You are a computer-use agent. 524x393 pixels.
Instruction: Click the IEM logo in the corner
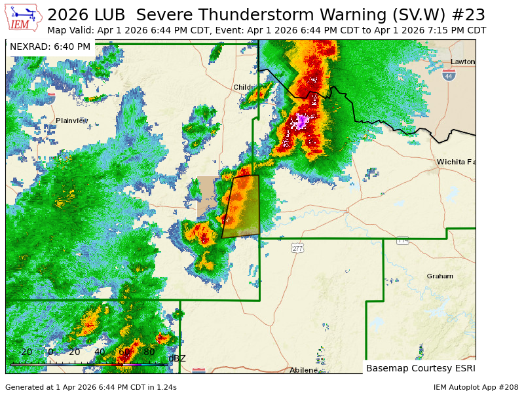[x=24, y=18]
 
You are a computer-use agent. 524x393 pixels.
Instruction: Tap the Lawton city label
[x=462, y=62]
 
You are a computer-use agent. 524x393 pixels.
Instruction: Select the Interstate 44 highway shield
[x=449, y=75]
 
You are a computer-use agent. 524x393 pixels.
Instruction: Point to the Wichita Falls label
[x=456, y=162]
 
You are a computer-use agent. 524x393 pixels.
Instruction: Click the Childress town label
[x=245, y=87]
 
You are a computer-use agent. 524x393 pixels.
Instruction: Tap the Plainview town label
[x=71, y=121]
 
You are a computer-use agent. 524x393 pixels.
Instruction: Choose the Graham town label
[x=440, y=276]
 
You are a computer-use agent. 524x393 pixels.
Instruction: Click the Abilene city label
[x=303, y=370]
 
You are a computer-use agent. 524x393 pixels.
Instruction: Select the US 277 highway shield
[x=298, y=248]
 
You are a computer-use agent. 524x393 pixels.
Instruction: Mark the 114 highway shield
[x=402, y=240]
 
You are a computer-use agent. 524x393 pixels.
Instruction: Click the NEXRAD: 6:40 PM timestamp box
[x=50, y=47]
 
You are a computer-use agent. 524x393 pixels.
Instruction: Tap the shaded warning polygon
[x=241, y=206]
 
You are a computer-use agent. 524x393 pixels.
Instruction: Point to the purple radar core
[x=302, y=121]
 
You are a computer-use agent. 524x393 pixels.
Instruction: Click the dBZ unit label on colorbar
[x=177, y=358]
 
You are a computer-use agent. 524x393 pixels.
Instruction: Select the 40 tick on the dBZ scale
[x=100, y=352]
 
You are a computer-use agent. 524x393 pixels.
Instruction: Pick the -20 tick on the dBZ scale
[x=25, y=352]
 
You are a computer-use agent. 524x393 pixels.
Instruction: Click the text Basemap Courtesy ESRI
[x=419, y=368]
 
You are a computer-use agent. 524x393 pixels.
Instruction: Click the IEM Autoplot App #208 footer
[x=476, y=387]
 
